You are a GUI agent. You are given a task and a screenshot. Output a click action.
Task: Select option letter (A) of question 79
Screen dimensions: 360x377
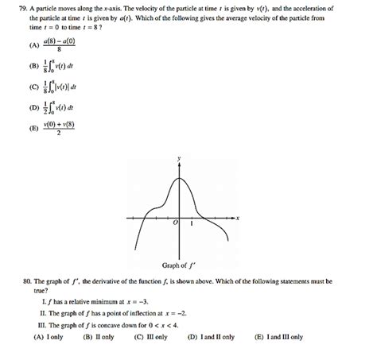35,44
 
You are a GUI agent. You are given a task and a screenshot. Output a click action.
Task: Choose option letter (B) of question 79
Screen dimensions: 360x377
35,67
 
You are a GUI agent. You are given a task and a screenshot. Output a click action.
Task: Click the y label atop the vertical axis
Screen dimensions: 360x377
179,160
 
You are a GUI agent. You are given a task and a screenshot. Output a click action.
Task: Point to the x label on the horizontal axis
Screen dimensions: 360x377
238,217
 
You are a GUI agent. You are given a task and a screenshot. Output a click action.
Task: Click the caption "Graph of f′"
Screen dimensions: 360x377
180,265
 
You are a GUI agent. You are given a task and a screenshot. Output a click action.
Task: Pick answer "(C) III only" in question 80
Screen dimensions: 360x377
151,336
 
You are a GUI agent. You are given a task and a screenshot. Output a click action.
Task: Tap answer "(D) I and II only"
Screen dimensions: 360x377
211,336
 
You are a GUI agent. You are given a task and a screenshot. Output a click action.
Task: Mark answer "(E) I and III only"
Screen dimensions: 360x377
278,336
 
